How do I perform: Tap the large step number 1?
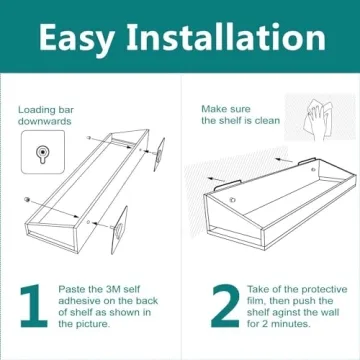pyautogui.click(x=33, y=306)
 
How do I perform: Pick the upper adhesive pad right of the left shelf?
pyautogui.click(x=159, y=150)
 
